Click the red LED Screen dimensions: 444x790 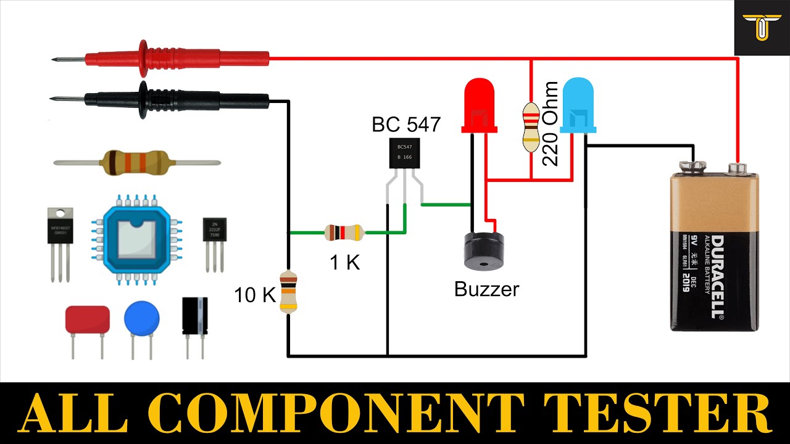coord(480,106)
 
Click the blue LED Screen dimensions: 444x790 coord(578,106)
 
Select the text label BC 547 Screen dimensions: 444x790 coord(406,125)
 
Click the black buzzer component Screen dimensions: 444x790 coord(483,250)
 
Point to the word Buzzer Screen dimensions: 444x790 coord(486,289)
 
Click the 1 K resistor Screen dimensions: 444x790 coord(344,232)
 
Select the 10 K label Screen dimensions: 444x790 coord(254,295)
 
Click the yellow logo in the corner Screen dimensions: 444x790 coord(762,27)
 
